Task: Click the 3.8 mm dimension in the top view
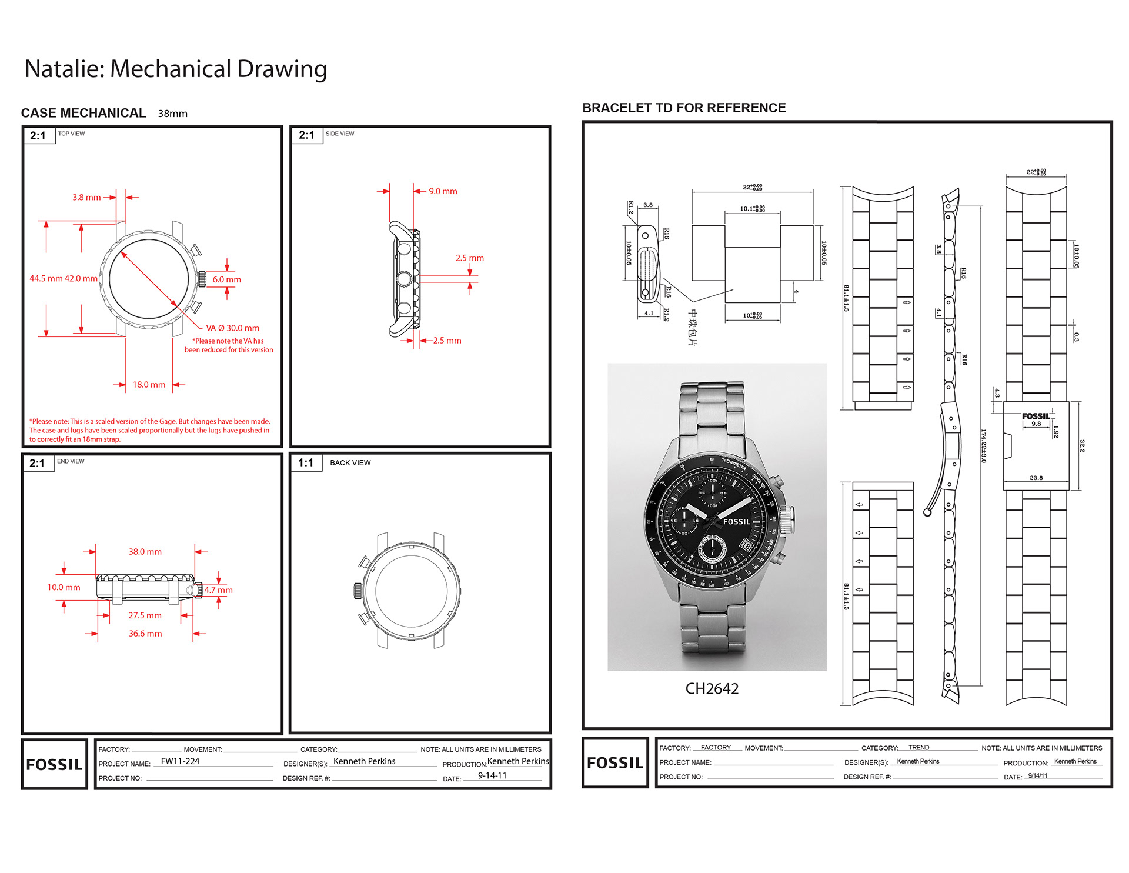(86, 198)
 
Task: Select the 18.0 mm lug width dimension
(149, 385)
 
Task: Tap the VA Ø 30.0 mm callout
(232, 328)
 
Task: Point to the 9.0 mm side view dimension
(443, 191)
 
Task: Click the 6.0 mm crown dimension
(226, 279)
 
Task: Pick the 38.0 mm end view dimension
(145, 552)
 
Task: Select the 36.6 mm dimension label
(145, 634)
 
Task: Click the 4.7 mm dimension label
(218, 590)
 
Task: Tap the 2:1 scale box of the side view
(306, 135)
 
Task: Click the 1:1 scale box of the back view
(306, 463)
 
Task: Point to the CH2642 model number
(712, 689)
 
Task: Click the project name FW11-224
(180, 761)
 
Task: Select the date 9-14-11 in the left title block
(492, 776)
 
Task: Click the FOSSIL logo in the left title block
(54, 764)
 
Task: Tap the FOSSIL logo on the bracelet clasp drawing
(1036, 416)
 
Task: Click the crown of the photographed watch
(787, 516)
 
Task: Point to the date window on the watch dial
(746, 545)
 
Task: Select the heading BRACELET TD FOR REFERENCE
(684, 108)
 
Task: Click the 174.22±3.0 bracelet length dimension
(983, 446)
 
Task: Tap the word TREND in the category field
(918, 748)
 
